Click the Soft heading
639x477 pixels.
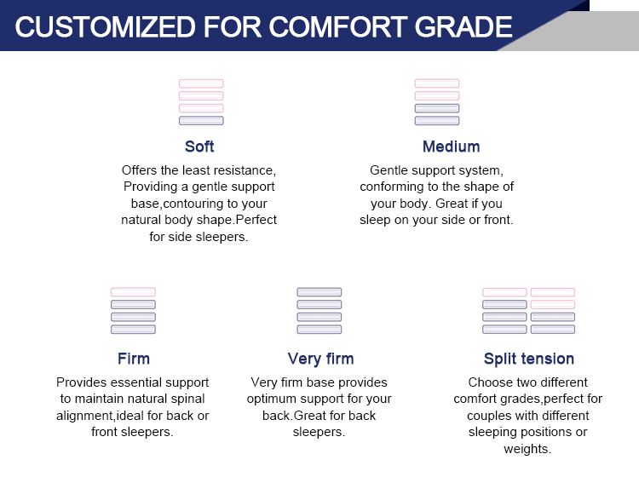(199, 147)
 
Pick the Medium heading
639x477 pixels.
(451, 147)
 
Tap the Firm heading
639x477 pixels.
(133, 358)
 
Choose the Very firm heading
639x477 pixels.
(320, 358)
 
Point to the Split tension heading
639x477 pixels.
(528, 358)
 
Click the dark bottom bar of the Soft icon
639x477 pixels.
(201, 121)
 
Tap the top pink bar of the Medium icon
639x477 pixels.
(437, 83)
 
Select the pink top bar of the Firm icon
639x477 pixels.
(133, 292)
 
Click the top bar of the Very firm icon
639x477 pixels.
(319, 292)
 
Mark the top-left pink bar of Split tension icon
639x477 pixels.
(504, 292)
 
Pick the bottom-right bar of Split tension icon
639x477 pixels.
(553, 329)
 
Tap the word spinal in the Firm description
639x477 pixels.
(187, 399)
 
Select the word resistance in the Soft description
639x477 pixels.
(241, 170)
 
